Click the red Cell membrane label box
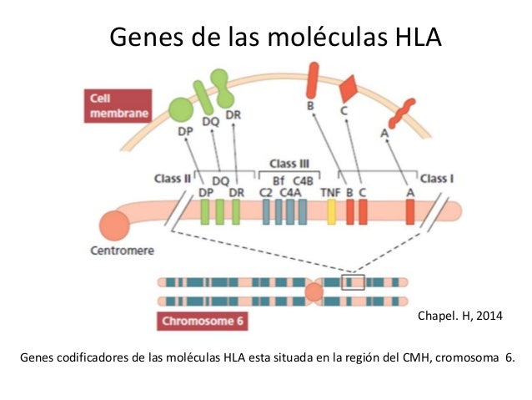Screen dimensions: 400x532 pos(116,106)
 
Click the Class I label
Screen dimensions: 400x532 pos(437,178)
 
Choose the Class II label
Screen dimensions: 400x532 pos(173,178)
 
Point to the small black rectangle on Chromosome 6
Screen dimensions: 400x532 pos(354,281)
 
